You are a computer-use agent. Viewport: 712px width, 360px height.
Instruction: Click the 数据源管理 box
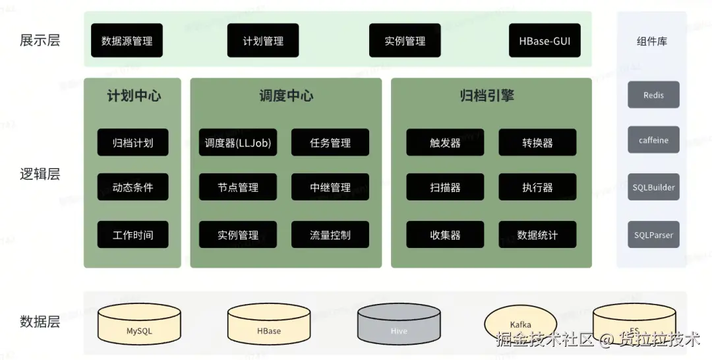[127, 41]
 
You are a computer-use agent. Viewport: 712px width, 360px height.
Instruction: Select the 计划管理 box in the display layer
[263, 41]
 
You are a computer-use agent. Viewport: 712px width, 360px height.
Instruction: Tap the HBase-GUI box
[545, 41]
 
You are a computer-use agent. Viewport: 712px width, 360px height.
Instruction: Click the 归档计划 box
[133, 142]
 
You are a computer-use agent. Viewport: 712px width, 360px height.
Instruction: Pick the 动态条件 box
[133, 187]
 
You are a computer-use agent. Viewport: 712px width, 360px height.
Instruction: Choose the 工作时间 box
[133, 235]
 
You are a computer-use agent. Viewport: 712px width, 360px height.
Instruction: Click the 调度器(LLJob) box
[238, 142]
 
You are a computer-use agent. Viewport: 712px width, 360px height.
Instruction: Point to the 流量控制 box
[330, 235]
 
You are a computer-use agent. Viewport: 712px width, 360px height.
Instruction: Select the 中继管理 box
[330, 187]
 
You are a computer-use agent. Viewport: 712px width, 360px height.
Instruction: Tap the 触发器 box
[445, 142]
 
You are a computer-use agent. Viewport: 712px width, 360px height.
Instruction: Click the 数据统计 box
[537, 235]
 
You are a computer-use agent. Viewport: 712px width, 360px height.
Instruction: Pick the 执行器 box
[537, 187]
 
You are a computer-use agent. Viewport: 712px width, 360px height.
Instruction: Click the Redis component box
[653, 95]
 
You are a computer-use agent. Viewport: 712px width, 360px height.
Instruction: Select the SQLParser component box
[653, 235]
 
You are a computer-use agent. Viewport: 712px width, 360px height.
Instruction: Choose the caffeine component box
[653, 140]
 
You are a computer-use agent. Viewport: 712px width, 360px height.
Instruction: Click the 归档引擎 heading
[487, 96]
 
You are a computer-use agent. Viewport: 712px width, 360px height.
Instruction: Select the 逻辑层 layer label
[40, 174]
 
